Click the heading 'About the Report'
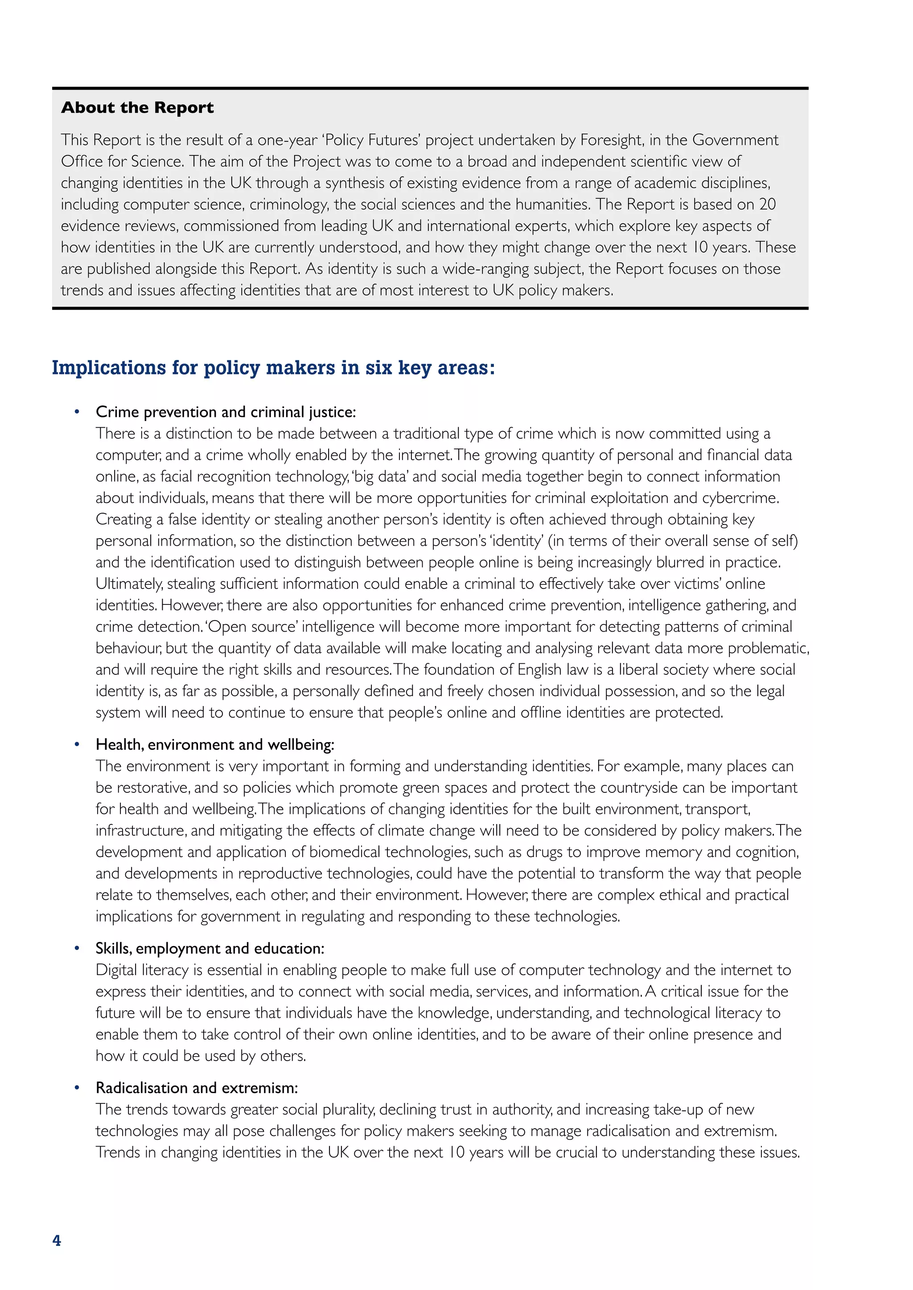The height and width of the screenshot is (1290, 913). click(x=137, y=107)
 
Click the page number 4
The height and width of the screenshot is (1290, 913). click(x=57, y=1241)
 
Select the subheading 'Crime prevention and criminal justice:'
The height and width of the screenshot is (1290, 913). click(x=226, y=412)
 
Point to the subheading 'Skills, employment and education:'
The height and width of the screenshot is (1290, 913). click(x=210, y=948)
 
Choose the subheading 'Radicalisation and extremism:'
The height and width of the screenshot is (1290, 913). click(x=197, y=1088)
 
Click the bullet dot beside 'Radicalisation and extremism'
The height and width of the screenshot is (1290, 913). click(x=77, y=1088)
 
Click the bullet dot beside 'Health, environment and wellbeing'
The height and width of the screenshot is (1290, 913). click(x=77, y=745)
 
